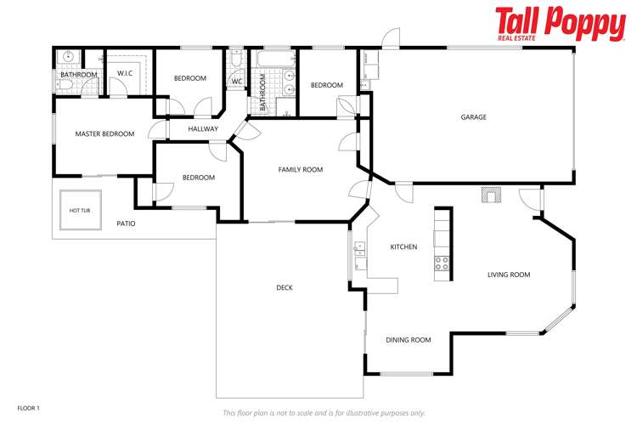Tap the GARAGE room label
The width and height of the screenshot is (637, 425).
click(x=474, y=117)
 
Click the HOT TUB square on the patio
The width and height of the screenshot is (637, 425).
click(x=80, y=210)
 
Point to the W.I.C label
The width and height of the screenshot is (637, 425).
click(x=126, y=73)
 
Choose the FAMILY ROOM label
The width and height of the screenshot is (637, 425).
click(x=301, y=170)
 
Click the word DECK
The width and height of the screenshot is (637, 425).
click(x=285, y=288)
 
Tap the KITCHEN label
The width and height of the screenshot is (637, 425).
click(x=403, y=247)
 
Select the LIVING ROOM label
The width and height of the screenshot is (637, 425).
click(x=509, y=275)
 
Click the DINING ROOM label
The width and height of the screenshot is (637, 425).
click(x=409, y=340)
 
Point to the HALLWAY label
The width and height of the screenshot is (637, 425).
click(x=204, y=129)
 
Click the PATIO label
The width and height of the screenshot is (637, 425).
click(x=126, y=224)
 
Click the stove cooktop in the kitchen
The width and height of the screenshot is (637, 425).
click(x=442, y=263)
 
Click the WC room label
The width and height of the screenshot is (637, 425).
click(x=237, y=82)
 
